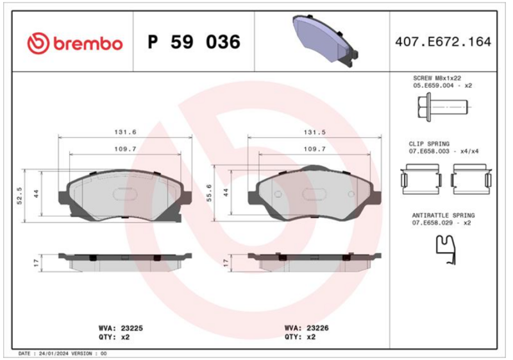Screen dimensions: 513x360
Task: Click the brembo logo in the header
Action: click(75, 43)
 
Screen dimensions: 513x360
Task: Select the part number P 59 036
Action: click(194, 42)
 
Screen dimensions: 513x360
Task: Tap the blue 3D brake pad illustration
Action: click(325, 40)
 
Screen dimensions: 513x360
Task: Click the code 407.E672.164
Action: click(443, 42)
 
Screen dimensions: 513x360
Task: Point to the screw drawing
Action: click(442, 107)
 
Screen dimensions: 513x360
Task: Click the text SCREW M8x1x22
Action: click(437, 78)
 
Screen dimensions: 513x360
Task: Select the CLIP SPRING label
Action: click(429, 144)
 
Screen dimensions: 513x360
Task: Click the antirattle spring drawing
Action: click(446, 250)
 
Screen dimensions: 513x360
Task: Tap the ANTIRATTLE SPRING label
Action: click(443, 216)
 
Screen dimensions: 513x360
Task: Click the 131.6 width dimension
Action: click(125, 132)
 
